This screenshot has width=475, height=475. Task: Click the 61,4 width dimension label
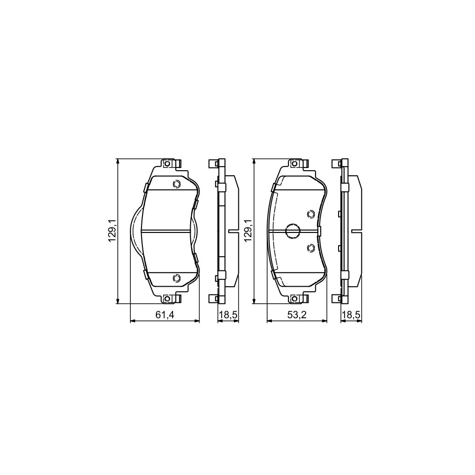click(164, 315)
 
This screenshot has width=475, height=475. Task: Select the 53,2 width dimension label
click(297, 315)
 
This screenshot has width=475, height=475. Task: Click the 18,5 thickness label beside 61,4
click(228, 315)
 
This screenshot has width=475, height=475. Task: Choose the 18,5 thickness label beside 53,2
click(351, 315)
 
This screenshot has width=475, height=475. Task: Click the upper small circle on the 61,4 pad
click(176, 184)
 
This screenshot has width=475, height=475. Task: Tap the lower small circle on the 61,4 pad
click(176, 278)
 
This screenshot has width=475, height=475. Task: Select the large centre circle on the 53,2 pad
click(292, 231)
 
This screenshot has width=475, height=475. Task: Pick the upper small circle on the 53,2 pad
click(311, 214)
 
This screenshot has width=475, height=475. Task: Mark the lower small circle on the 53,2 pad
click(311, 249)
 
